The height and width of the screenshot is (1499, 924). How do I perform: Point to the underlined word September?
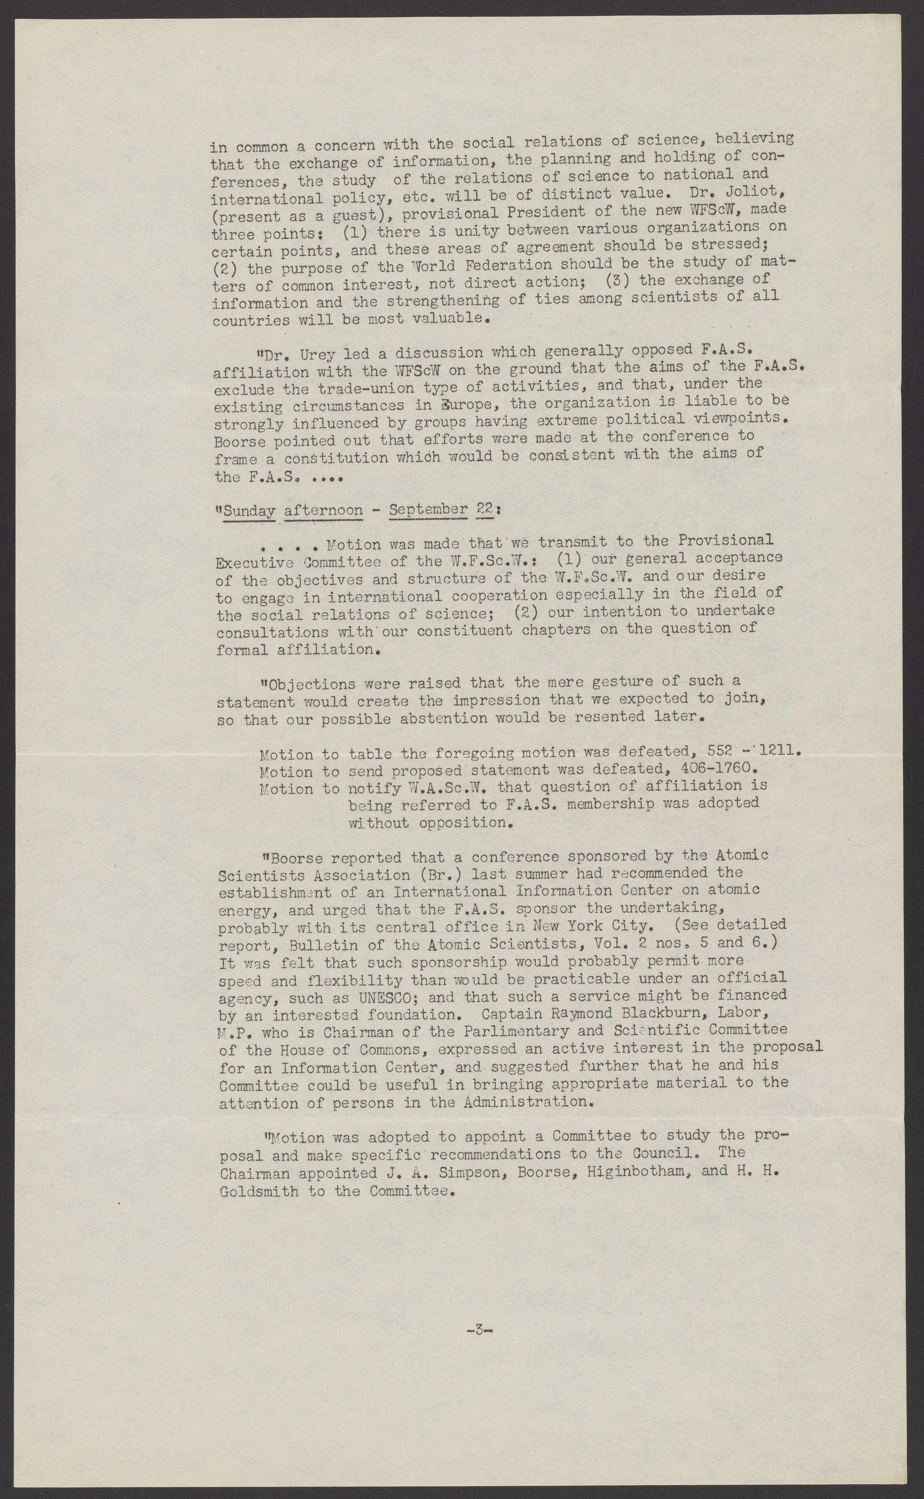coord(428,509)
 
